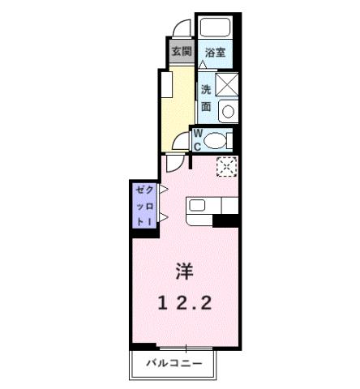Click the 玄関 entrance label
click(182, 53)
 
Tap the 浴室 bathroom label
click(215, 53)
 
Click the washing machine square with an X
click(227, 83)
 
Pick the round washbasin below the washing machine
click(228, 112)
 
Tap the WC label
click(197, 141)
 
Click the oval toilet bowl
click(215, 140)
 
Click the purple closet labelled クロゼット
click(144, 204)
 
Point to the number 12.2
click(185, 303)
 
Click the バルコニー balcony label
click(173, 362)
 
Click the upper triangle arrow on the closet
click(163, 190)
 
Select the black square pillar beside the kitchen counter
click(226, 220)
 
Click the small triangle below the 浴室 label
click(203, 63)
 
